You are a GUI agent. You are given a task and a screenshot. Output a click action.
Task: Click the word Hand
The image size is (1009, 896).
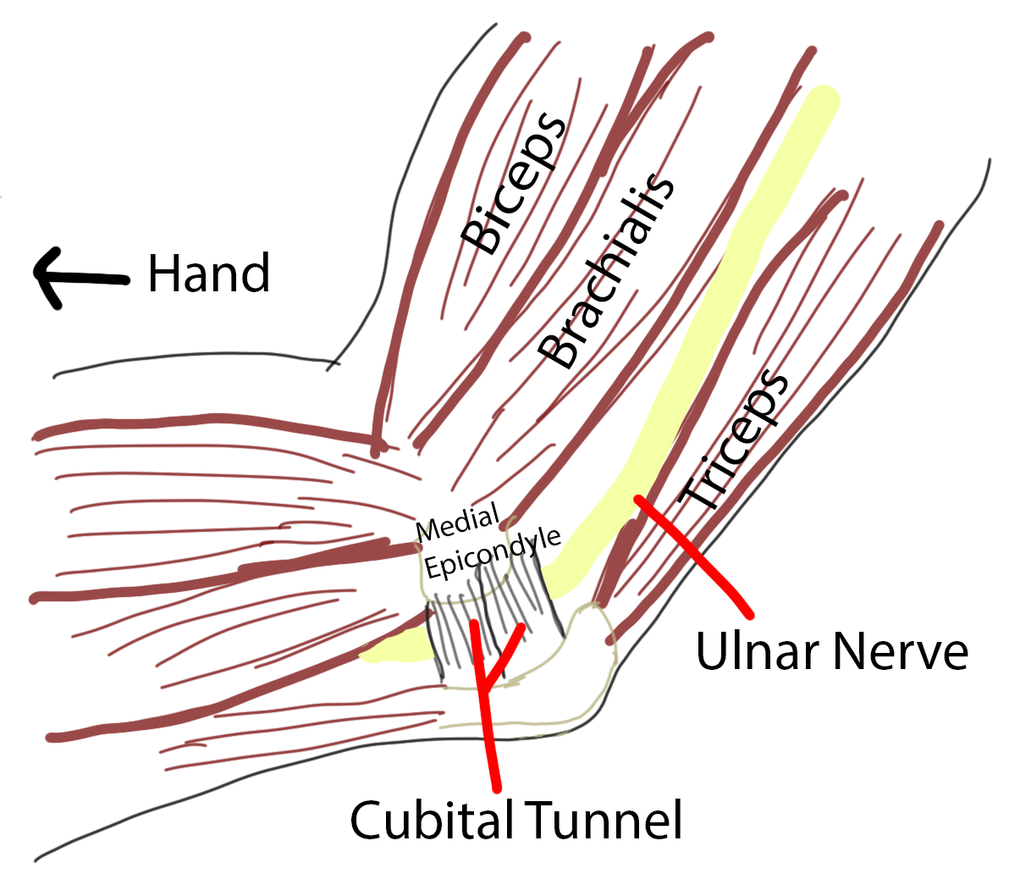click(209, 273)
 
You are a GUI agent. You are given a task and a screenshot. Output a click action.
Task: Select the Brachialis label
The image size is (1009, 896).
click(608, 271)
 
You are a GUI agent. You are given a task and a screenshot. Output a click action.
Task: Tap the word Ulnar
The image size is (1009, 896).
click(758, 651)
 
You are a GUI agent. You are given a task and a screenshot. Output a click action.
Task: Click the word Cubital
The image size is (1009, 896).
click(431, 820)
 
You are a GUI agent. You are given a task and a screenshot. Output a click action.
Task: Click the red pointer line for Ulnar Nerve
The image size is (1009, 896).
click(694, 555)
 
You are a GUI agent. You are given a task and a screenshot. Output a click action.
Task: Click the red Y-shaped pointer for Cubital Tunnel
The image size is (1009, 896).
click(486, 694)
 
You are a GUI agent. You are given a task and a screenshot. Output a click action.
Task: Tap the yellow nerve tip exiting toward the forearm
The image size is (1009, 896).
click(377, 652)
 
